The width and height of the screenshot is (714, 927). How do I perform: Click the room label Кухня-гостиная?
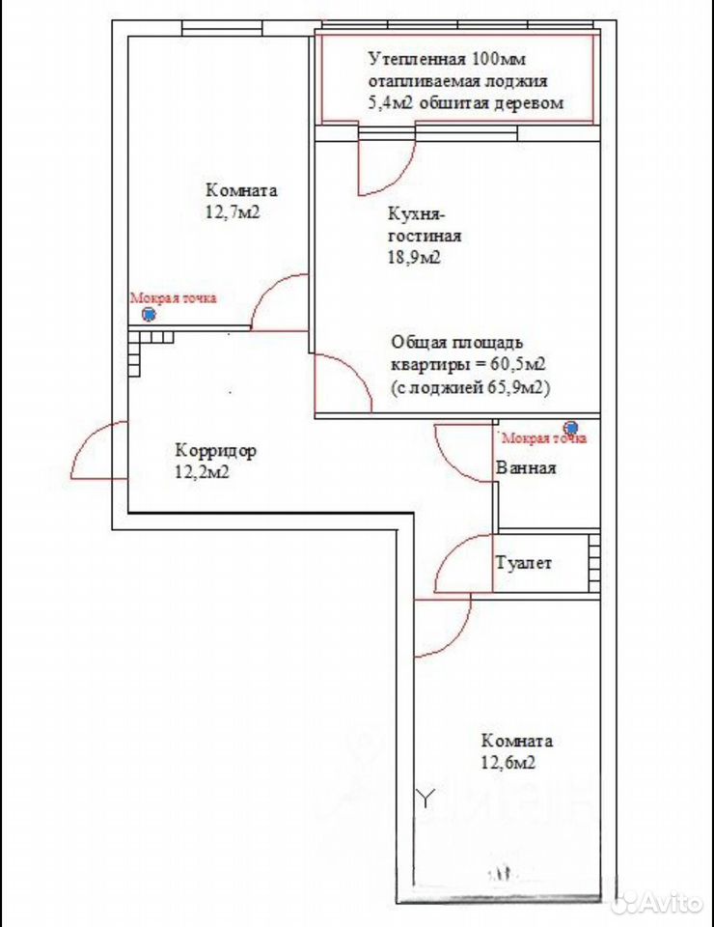tap(424, 225)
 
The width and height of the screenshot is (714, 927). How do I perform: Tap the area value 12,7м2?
tap(233, 212)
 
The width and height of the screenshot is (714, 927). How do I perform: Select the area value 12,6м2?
tap(508, 763)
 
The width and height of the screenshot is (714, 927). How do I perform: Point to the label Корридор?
tap(215, 451)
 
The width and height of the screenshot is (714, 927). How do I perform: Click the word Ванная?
tap(526, 468)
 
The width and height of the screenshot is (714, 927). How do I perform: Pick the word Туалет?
tap(524, 562)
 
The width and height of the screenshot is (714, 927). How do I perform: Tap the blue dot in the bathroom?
tap(571, 427)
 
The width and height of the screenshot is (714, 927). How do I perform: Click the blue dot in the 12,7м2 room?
tap(150, 315)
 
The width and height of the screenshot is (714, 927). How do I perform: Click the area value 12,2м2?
tap(202, 472)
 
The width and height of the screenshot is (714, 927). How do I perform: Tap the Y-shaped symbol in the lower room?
tap(426, 799)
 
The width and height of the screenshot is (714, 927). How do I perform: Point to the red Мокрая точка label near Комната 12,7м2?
tap(173, 298)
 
